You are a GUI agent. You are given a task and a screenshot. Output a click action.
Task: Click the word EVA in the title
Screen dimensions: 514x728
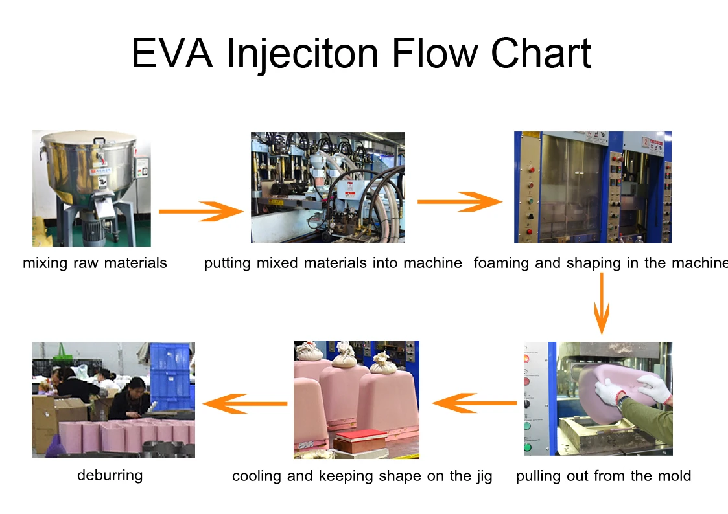(x=171, y=53)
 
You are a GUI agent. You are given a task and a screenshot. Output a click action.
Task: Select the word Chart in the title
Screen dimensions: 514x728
(x=541, y=53)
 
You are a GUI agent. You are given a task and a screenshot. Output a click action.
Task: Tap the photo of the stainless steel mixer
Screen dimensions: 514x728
(x=91, y=188)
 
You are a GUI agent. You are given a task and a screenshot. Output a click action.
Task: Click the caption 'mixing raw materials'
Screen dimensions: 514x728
(x=95, y=263)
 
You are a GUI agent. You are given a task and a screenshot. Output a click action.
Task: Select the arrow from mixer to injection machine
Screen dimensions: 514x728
(x=200, y=211)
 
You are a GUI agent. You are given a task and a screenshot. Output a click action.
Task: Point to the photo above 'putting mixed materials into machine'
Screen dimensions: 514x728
(x=328, y=188)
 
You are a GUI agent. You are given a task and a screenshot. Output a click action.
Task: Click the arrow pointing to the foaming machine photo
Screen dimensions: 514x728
(x=459, y=202)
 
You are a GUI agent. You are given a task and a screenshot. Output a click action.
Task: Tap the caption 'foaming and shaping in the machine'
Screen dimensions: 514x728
(x=600, y=263)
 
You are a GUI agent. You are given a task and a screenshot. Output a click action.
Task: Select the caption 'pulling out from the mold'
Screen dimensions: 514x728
(x=604, y=476)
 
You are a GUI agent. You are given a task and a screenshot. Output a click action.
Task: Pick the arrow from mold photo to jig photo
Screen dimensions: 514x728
(x=474, y=404)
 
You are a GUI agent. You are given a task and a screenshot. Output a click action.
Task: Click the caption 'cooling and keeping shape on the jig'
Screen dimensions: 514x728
(x=362, y=476)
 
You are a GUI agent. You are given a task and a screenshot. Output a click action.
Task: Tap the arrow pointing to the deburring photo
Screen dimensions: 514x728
(x=245, y=404)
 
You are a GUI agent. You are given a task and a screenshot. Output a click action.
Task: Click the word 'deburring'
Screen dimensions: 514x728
(x=110, y=475)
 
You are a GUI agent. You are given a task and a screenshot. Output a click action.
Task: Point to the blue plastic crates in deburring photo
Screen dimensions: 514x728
(x=170, y=375)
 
